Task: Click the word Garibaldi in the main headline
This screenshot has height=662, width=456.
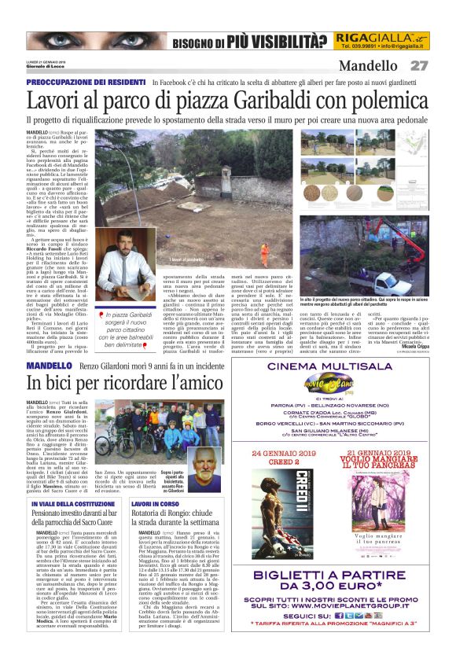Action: click(x=256, y=101)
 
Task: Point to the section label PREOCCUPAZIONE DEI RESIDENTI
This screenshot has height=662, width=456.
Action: click(x=86, y=82)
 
